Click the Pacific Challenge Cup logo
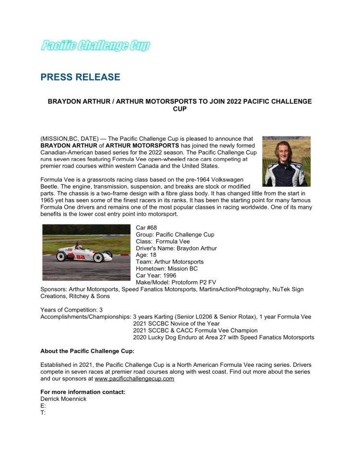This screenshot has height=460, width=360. (x=95, y=46)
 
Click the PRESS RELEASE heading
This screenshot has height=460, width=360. (x=80, y=77)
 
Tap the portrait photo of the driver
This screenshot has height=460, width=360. (x=286, y=161)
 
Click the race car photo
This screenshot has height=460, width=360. (x=86, y=252)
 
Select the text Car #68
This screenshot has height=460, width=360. (x=146, y=228)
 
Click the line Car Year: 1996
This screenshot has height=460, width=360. (x=156, y=276)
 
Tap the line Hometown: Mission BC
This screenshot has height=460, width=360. (x=163, y=269)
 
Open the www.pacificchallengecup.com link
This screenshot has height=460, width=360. (x=134, y=378)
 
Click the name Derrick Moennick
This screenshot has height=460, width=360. (x=63, y=399)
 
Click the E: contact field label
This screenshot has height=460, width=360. (x=43, y=406)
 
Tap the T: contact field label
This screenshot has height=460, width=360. (x=43, y=412)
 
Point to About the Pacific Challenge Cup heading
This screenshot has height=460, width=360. (x=87, y=351)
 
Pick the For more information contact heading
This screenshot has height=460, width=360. (x=83, y=392)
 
